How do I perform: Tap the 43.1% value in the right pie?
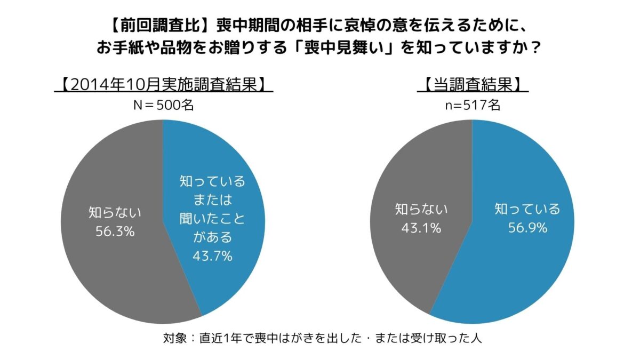pyautogui.click(x=421, y=228)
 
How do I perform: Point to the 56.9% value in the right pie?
pyautogui.click(x=527, y=228)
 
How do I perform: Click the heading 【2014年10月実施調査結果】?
pyautogui.click(x=163, y=85)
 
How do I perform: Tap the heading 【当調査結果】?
pyautogui.click(x=472, y=85)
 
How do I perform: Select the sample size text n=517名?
pyautogui.click(x=472, y=105)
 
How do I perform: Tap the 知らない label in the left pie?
pyautogui.click(x=115, y=213)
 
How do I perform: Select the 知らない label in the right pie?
pyautogui.click(x=421, y=209)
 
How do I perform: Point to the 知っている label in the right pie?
pyautogui.click(x=527, y=209)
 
